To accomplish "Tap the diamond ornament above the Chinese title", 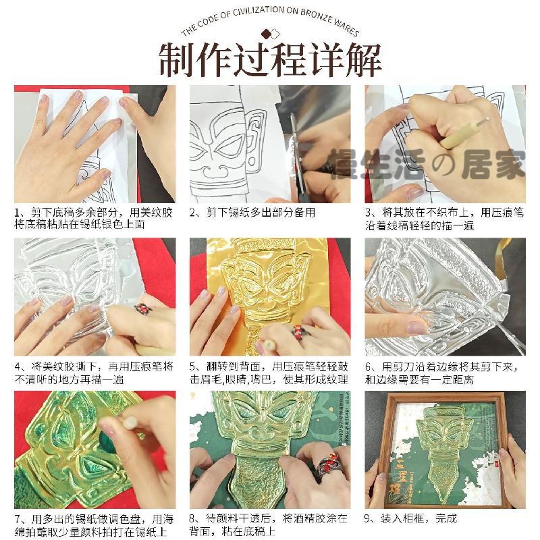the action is click(x=270, y=34).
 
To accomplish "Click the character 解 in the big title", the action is click(x=363, y=60).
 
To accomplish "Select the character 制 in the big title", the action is click(x=177, y=60).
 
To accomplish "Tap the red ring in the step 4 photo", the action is click(x=143, y=308).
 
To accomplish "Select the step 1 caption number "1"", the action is click(x=17, y=213).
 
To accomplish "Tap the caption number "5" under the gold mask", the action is click(x=192, y=367).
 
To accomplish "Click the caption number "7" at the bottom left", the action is click(x=18, y=519).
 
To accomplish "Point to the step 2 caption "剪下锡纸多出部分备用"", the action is click(x=261, y=213).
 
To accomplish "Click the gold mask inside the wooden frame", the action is click(x=444, y=451).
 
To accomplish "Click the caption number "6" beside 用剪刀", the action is click(x=368, y=367).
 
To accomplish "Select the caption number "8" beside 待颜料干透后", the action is click(x=192, y=518).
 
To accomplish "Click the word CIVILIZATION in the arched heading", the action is click(x=259, y=12).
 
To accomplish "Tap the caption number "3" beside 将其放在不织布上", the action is click(x=368, y=213).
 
